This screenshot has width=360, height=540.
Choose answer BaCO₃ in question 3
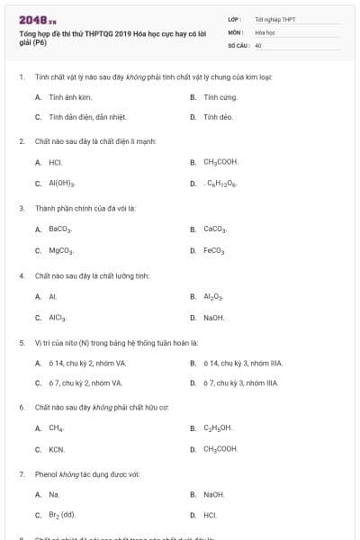click(59, 229)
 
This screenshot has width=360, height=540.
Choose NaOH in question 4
click(213, 318)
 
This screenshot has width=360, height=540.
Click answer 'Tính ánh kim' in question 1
click(70, 96)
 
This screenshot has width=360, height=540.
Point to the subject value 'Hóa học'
click(265, 31)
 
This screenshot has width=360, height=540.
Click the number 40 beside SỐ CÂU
click(258, 44)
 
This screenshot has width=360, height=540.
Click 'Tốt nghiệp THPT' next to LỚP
click(274, 18)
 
